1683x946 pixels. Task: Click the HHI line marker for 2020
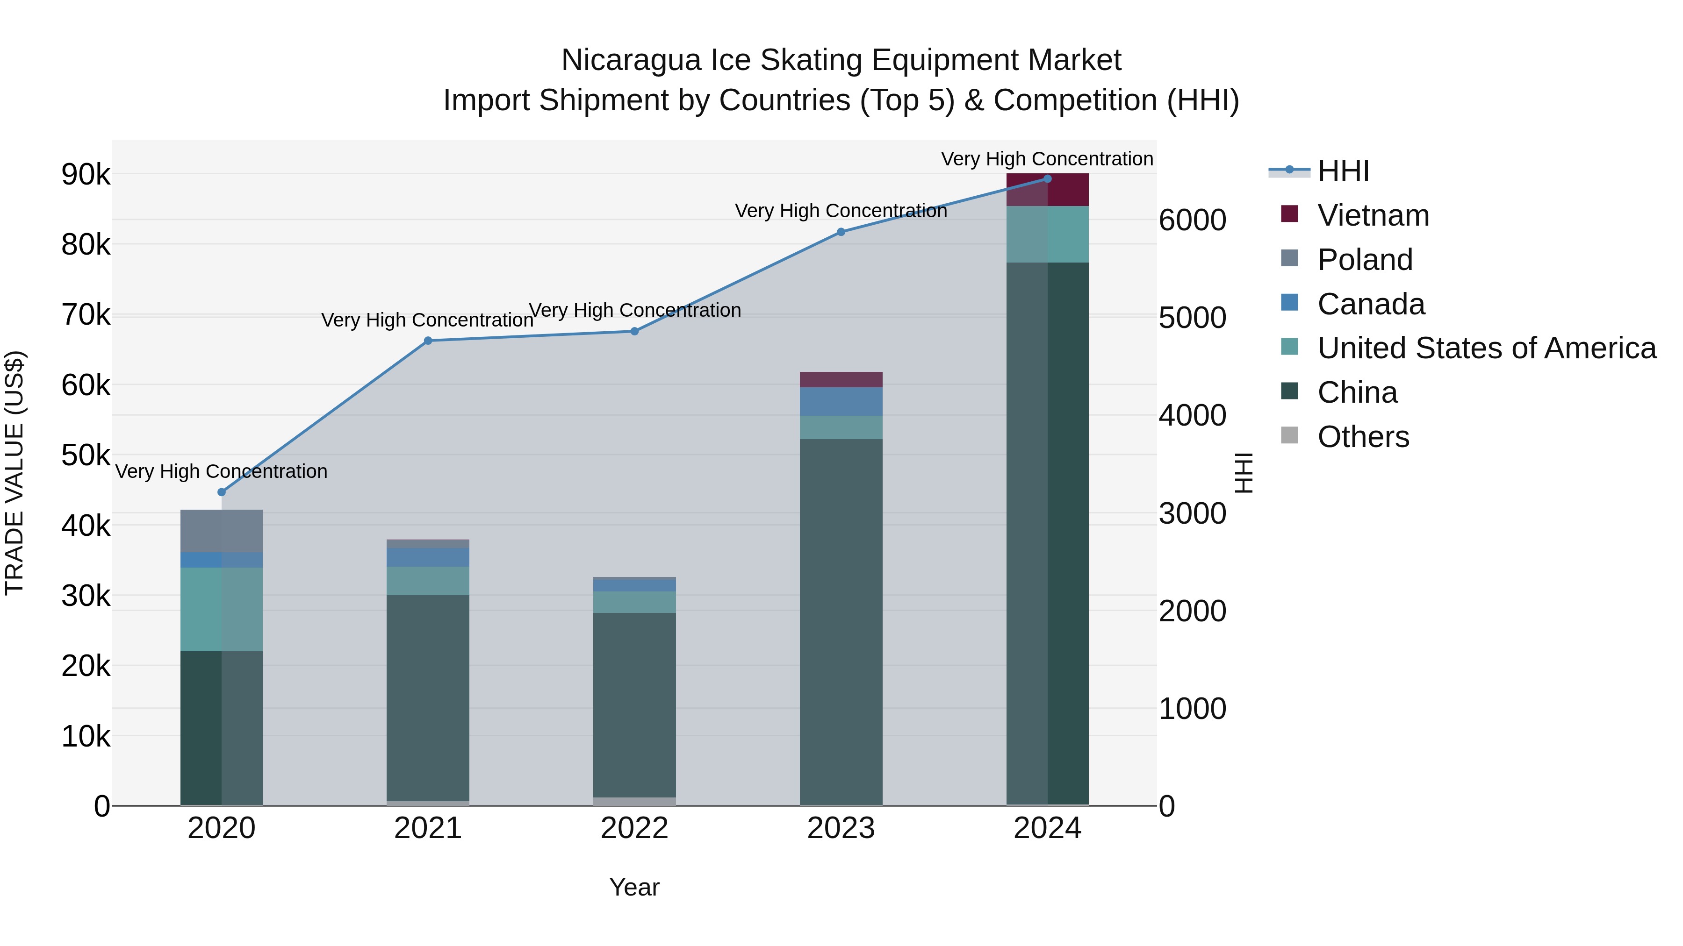tap(222, 492)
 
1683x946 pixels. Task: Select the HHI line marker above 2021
tap(428, 341)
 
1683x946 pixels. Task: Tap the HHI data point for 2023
tap(841, 232)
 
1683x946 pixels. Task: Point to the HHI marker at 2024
tap(1047, 179)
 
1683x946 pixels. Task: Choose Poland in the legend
tap(1364, 260)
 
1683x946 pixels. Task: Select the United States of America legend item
tap(1486, 348)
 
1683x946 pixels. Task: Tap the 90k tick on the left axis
tap(86, 175)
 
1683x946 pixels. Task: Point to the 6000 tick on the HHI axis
tap(1192, 220)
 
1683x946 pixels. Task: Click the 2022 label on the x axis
tap(634, 828)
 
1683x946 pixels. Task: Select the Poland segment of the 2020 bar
tap(222, 531)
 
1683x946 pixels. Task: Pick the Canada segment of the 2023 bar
tap(841, 401)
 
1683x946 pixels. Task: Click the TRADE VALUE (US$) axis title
tap(14, 473)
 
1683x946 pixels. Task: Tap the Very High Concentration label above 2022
tap(634, 310)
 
